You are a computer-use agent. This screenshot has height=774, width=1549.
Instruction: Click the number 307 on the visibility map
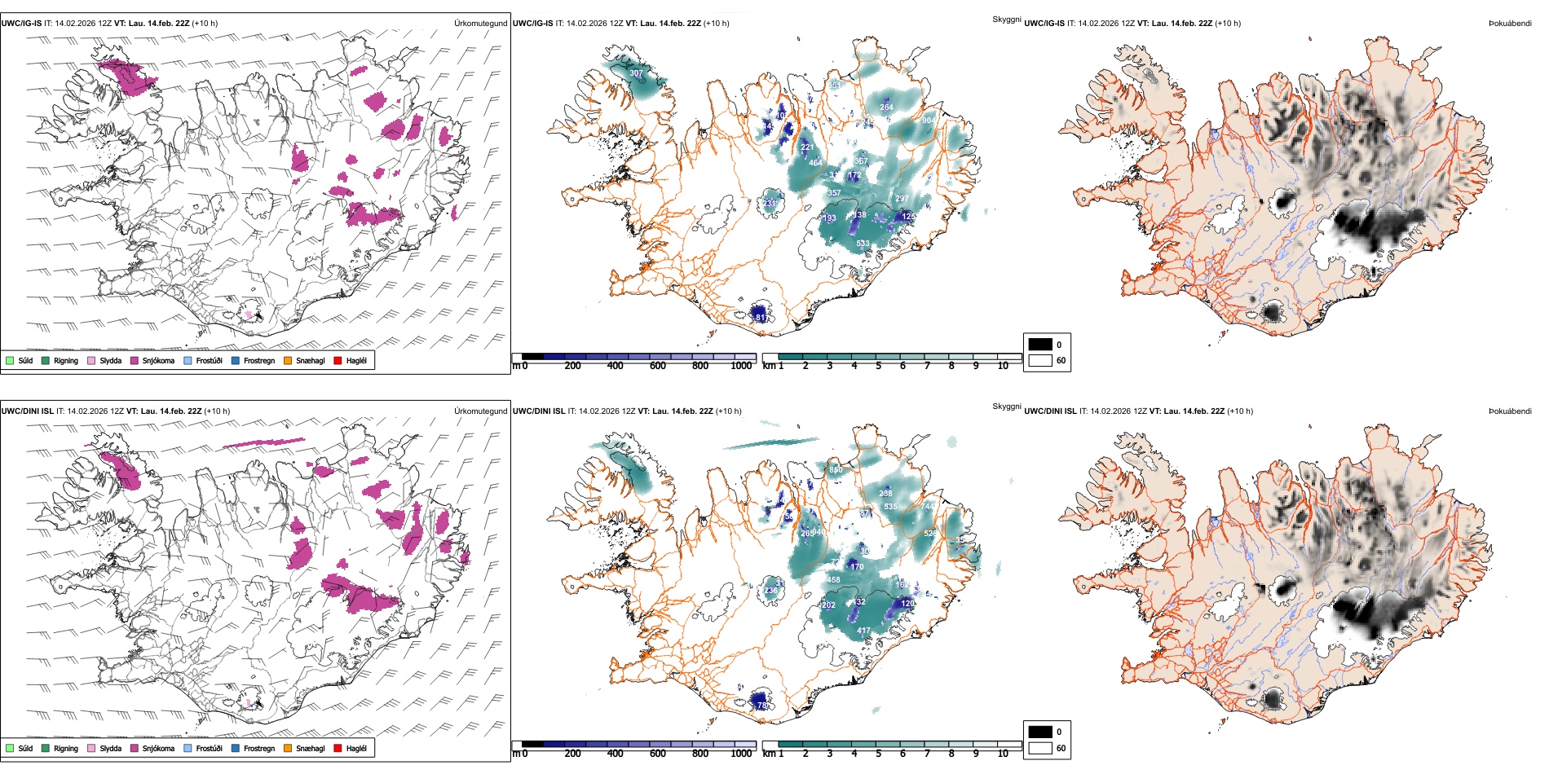[636, 73]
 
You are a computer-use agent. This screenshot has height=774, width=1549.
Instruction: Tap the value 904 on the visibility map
[929, 121]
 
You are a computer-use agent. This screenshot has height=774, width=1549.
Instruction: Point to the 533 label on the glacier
[863, 244]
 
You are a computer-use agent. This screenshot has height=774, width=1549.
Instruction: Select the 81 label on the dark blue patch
[760, 317]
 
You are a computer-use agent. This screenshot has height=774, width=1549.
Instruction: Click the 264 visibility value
[886, 107]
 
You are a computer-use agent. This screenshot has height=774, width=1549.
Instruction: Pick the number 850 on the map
[836, 470]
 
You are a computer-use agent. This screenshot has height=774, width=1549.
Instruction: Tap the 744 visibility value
[929, 507]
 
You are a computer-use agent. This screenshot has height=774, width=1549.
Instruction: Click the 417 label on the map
[863, 631]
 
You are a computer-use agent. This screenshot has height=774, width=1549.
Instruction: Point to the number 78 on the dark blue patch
[761, 705]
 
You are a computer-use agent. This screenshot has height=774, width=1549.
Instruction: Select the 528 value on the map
[930, 534]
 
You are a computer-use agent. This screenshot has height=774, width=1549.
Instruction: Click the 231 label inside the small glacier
[769, 204]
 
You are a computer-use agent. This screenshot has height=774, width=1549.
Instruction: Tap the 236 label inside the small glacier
[769, 591]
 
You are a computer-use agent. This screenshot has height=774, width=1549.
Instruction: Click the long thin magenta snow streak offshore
[263, 443]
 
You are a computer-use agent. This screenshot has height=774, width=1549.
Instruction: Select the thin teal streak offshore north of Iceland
[770, 443]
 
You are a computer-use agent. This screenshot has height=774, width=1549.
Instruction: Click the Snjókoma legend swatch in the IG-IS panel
[135, 360]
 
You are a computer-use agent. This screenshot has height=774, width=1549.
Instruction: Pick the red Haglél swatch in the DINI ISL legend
[338, 748]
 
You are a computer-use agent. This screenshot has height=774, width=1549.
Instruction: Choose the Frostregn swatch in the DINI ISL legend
[236, 748]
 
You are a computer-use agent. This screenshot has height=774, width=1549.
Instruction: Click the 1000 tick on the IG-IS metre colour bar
[741, 366]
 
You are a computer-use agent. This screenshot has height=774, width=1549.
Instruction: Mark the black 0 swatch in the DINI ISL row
[1040, 732]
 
